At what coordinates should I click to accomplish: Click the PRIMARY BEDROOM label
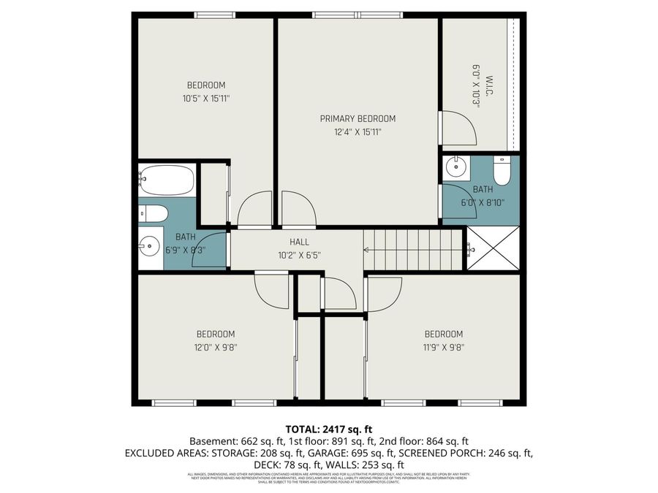pos(358,118)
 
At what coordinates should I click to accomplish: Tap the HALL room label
pos(299,242)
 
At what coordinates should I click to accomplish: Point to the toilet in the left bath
pos(154,213)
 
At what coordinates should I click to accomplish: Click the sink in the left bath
pos(150,247)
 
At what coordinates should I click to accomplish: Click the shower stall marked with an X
pos(494,248)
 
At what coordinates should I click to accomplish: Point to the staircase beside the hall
pos(413,249)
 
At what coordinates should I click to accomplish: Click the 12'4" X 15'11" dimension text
pos(358,132)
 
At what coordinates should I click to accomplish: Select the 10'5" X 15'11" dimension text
pos(206,98)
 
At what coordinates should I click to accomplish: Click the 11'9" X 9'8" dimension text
pos(444,348)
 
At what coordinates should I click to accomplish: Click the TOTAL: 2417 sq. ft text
pos(328,429)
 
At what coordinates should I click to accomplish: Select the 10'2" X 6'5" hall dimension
pos(299,256)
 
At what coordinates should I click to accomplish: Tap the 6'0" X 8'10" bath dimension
pos(483,203)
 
